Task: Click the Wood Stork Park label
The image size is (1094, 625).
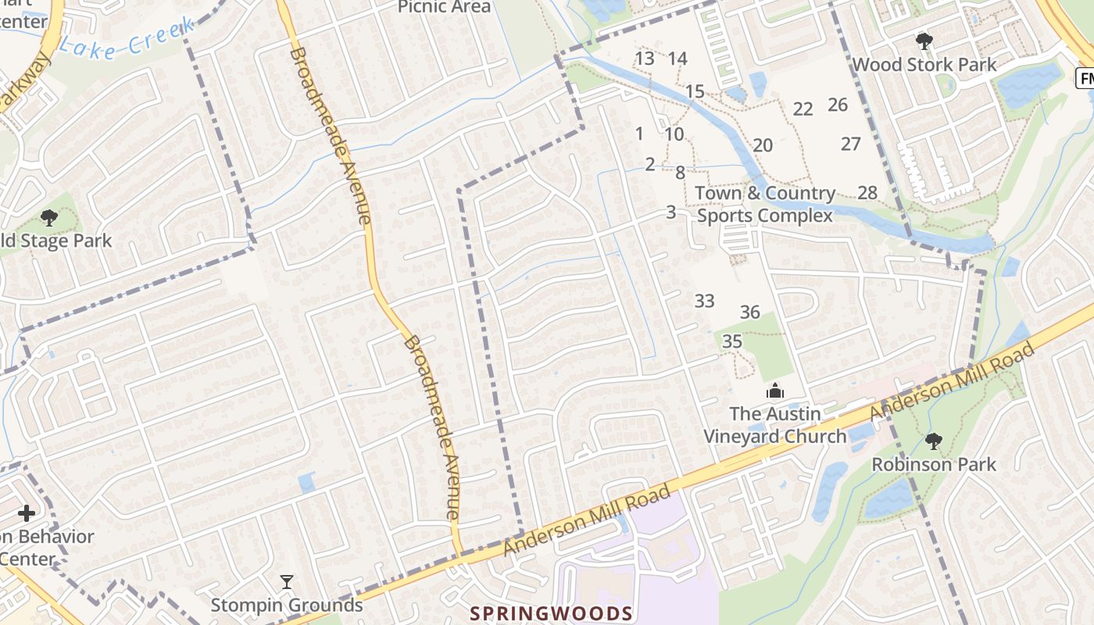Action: [x=924, y=64]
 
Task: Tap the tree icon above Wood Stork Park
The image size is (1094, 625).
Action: [x=924, y=41]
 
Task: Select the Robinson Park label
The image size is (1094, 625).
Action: [x=934, y=464]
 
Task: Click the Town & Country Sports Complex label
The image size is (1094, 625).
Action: [x=765, y=204]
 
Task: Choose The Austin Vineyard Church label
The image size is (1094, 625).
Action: [x=775, y=425]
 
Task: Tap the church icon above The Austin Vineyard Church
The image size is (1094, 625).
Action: [x=775, y=391]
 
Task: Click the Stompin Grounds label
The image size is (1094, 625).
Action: [x=287, y=605]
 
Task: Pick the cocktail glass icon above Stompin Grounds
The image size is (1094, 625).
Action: [x=287, y=582]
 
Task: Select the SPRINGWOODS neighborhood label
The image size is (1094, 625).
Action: [x=551, y=612]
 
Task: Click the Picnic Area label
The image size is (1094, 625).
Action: [x=444, y=7]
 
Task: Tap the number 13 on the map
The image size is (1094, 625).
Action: [x=645, y=59]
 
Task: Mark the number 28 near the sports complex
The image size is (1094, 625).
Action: [x=867, y=192]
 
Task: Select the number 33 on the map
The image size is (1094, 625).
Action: [x=704, y=301]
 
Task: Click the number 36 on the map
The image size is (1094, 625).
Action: [x=750, y=312]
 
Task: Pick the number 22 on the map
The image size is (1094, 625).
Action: [x=803, y=109]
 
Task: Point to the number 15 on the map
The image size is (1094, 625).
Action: [x=695, y=91]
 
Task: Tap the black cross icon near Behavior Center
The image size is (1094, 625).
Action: [x=27, y=513]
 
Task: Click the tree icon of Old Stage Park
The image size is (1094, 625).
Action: [x=49, y=218]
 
